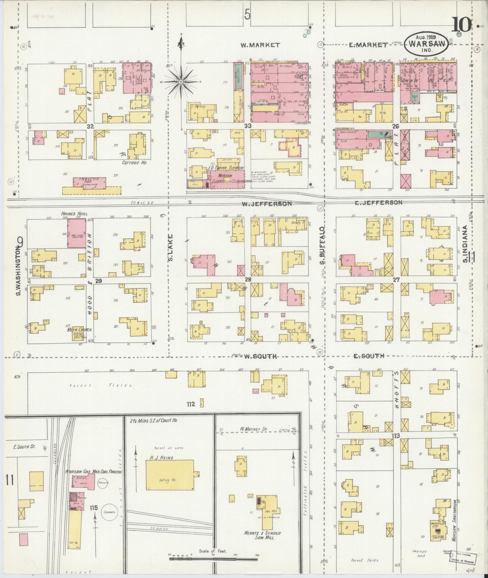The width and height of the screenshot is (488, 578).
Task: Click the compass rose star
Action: coord(181,82)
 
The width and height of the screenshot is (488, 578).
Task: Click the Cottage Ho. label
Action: coord(134,163)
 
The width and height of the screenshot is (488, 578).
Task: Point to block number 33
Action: coord(248,125)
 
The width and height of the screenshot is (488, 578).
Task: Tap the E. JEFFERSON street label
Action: coord(378,203)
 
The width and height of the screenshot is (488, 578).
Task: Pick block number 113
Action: coord(395,436)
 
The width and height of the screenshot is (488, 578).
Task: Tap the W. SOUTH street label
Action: coord(260,357)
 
